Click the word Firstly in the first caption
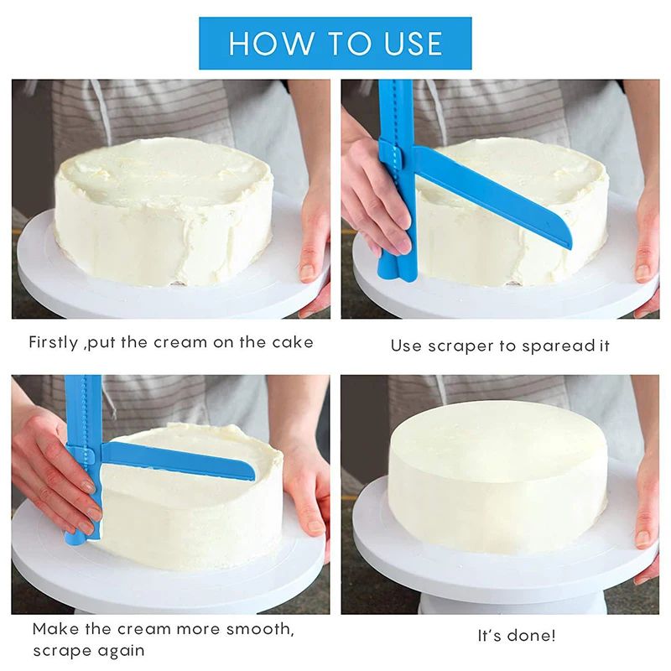pyautogui.click(x=55, y=342)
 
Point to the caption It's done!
pyautogui.click(x=516, y=636)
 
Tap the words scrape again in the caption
pyautogui.click(x=89, y=650)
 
